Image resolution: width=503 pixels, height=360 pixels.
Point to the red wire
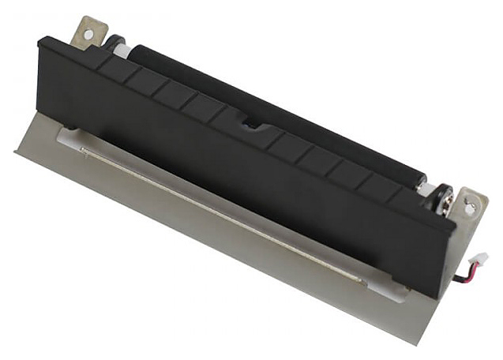pos(464,273)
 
